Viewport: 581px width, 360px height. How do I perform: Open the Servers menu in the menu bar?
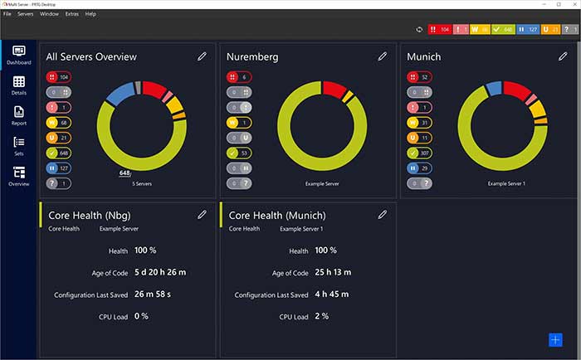(x=26, y=14)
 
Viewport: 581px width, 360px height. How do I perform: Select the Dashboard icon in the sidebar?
(x=19, y=55)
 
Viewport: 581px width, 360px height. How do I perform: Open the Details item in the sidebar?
(x=19, y=85)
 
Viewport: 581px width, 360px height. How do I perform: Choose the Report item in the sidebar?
(x=19, y=115)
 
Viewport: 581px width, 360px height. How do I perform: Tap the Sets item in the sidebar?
(x=19, y=146)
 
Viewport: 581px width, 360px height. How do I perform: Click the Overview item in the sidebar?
(x=19, y=176)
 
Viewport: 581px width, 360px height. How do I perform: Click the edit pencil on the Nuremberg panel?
(x=382, y=56)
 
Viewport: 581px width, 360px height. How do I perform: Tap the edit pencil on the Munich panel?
(x=562, y=56)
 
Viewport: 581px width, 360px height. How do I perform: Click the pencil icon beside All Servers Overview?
(x=202, y=56)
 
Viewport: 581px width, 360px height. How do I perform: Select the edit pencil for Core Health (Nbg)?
(x=202, y=214)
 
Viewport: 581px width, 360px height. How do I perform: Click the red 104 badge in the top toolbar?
(x=437, y=30)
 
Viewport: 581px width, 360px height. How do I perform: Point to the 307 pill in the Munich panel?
(x=419, y=153)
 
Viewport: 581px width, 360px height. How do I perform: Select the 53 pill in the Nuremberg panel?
(x=239, y=153)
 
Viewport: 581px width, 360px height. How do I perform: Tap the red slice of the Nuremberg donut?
(x=334, y=87)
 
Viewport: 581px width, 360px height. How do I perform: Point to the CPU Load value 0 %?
(x=141, y=316)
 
